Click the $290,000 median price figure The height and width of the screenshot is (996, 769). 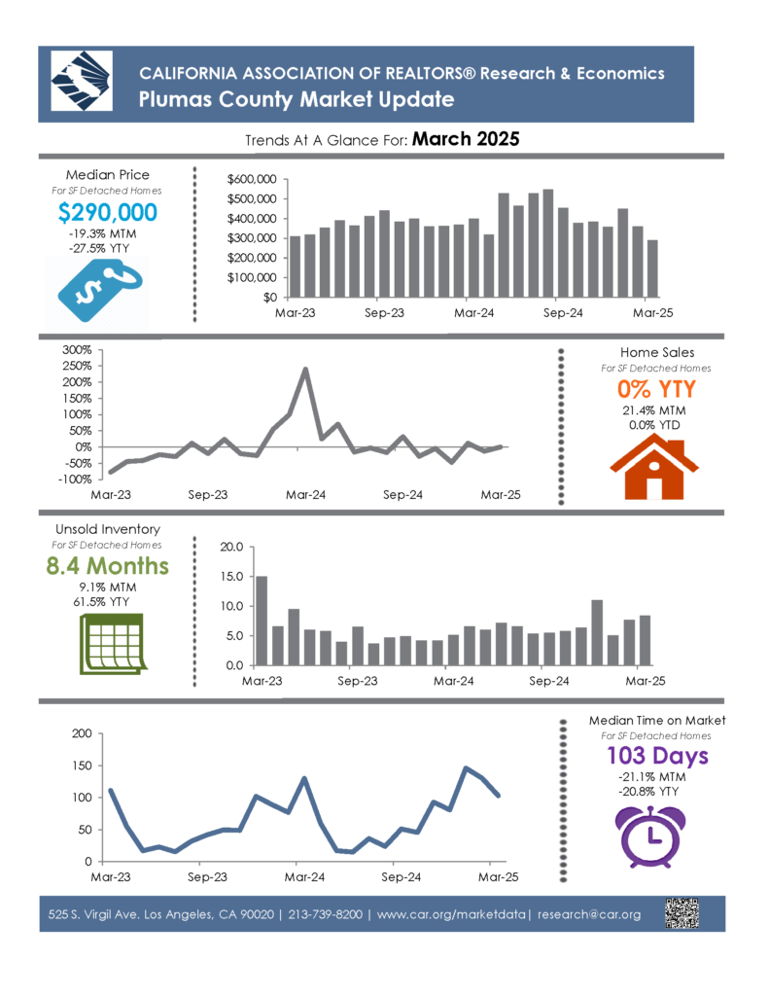107,212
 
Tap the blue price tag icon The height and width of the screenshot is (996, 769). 99,290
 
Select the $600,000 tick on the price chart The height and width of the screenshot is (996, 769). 252,179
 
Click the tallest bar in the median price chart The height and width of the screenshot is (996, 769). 548,243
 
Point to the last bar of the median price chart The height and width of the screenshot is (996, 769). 652,268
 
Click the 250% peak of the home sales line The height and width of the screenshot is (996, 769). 305,369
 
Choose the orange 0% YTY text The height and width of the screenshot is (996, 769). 656,389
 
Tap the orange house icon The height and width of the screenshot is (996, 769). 654,468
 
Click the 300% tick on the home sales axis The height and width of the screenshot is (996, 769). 77,350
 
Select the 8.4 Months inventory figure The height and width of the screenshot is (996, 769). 107,565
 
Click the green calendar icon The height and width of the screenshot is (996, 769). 113,644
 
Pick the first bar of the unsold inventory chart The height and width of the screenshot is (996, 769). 262,621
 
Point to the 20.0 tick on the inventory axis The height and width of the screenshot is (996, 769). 231,547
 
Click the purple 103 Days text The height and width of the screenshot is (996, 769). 657,755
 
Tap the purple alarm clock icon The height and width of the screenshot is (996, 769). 651,836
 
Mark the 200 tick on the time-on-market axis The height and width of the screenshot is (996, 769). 82,733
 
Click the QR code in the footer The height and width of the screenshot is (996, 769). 682,913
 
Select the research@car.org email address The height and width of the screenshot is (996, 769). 588,914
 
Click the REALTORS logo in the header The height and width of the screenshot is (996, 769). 82,82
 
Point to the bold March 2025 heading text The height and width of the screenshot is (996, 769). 466,139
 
